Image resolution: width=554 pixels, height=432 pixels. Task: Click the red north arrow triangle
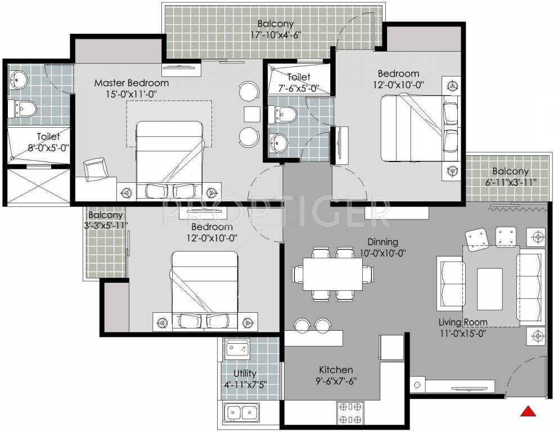[527, 411]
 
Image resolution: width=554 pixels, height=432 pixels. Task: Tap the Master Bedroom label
[131, 83]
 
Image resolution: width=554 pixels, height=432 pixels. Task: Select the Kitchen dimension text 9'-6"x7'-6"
[336, 381]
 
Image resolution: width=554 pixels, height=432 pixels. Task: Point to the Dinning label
[382, 242]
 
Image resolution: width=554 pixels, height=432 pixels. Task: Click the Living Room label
[463, 322]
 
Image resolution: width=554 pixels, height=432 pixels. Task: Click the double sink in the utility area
[241, 413]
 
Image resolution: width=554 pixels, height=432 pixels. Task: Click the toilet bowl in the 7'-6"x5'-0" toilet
[284, 114]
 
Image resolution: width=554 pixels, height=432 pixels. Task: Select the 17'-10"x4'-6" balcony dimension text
[276, 35]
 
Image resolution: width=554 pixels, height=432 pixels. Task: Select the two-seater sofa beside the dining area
[451, 284]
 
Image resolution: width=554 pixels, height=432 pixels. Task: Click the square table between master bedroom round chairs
[251, 113]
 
